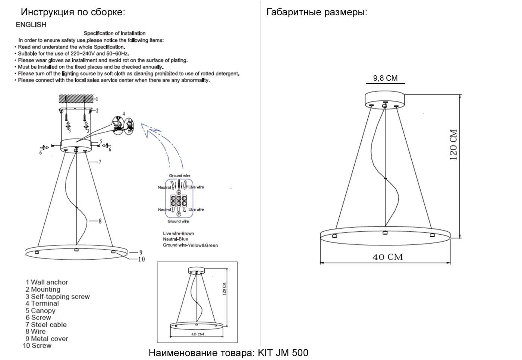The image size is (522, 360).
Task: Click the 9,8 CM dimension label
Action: [x=385, y=78]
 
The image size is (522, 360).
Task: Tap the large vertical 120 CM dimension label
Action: [x=453, y=145]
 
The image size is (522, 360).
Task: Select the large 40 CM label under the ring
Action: [x=387, y=257]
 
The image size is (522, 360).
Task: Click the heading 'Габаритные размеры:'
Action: [x=317, y=12]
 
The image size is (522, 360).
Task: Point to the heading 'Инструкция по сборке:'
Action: [x=73, y=12]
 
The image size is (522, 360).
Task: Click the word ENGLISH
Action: [x=31, y=25]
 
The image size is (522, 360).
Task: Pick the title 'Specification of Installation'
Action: [x=114, y=33]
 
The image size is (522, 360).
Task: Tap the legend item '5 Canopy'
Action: [x=41, y=310]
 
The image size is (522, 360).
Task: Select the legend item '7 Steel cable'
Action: [x=46, y=325]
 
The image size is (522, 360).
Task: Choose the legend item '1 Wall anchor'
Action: [x=47, y=282]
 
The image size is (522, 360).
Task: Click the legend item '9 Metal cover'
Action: [x=47, y=339]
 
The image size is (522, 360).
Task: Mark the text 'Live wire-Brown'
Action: [x=179, y=234]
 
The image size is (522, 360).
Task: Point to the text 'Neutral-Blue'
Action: [x=176, y=239]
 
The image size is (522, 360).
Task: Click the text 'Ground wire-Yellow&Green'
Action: [x=191, y=245]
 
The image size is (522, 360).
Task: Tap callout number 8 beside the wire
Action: [x=100, y=221]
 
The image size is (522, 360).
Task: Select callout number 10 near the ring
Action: [x=141, y=259]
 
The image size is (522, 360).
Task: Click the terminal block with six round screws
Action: [x=179, y=201]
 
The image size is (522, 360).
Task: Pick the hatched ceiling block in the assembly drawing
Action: [x=76, y=98]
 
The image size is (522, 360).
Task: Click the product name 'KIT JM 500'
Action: [x=283, y=353]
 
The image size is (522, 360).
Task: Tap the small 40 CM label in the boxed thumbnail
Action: [x=198, y=334]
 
